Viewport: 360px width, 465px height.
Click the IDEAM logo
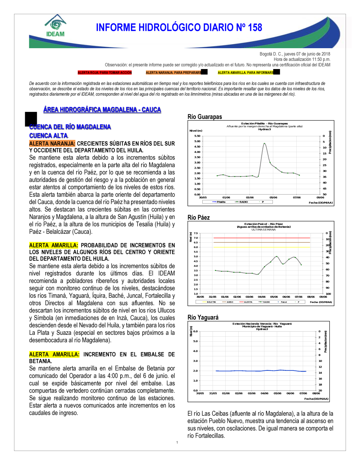coord(55,26)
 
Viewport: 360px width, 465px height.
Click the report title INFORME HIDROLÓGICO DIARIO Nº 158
coord(179,28)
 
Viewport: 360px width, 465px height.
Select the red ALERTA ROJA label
coord(105,73)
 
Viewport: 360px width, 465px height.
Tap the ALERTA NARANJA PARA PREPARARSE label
coord(174,73)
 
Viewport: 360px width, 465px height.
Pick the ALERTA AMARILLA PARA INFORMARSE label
coord(246,73)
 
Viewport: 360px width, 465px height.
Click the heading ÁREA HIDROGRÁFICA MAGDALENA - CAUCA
coord(102,110)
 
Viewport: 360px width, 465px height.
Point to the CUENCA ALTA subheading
coord(49,136)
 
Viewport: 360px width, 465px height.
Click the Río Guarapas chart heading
coord(204,117)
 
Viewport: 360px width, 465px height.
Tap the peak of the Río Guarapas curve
coord(264,143)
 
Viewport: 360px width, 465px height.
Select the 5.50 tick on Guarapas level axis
coord(197,136)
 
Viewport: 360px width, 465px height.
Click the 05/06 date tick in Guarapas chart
coord(273,197)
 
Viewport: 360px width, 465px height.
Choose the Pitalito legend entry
coord(221,202)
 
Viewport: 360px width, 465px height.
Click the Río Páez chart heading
coord(198,218)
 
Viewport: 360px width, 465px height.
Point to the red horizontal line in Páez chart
coord(262,238)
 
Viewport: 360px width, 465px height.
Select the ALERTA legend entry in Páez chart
coord(248,302)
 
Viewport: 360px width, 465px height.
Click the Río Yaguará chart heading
coord(203,318)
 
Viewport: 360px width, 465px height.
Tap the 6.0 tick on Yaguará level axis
coord(195,331)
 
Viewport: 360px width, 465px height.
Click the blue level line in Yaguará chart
coord(261,371)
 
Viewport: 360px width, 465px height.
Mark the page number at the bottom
coord(177,443)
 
